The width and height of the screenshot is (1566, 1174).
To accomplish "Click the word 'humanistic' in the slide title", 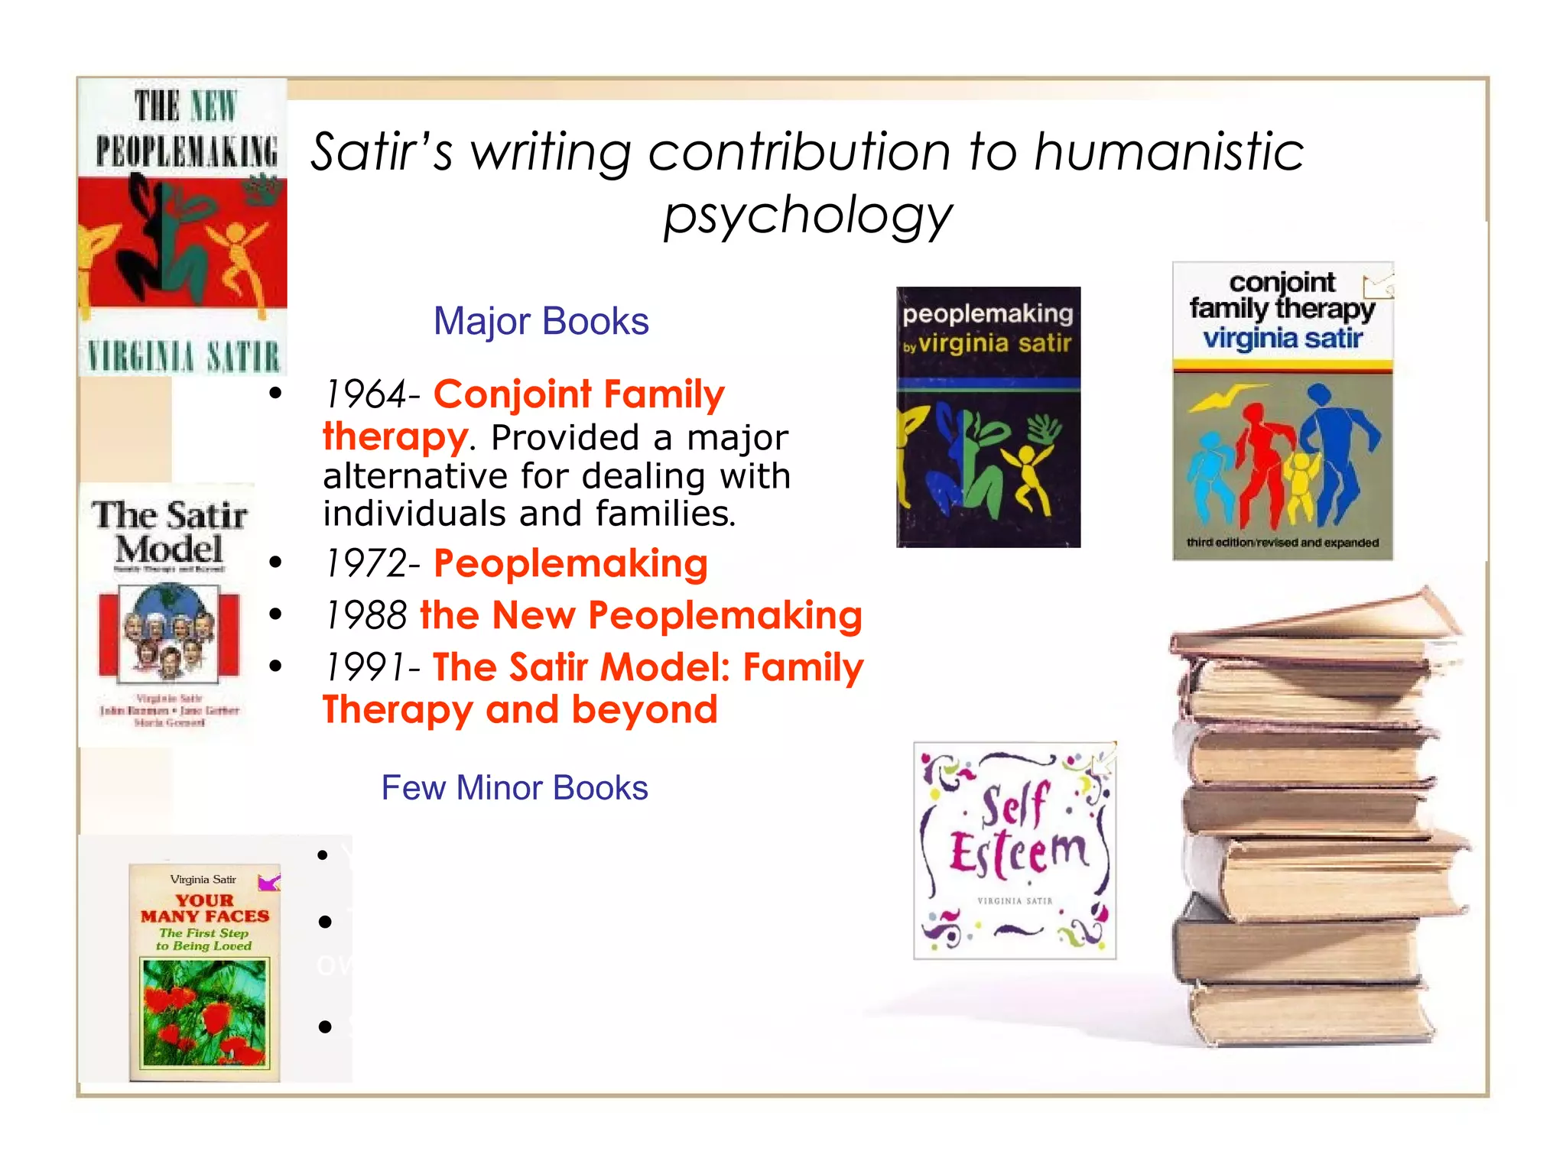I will pyautogui.click(x=1169, y=151).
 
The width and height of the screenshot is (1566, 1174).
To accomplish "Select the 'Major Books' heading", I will pyautogui.click(x=541, y=321).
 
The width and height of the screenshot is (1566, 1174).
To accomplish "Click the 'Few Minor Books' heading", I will pyautogui.click(x=514, y=788).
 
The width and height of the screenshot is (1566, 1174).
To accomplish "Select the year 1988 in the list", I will pyautogui.click(x=366, y=615).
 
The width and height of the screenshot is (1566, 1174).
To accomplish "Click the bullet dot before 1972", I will pyautogui.click(x=276, y=563).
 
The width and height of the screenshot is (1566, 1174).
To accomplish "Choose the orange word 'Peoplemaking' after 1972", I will pyautogui.click(x=570, y=564).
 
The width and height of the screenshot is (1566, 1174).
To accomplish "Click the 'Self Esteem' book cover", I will pyautogui.click(x=1015, y=850).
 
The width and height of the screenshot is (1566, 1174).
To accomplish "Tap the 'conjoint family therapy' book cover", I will pyautogui.click(x=1282, y=411).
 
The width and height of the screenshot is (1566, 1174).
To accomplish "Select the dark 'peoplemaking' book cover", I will pyautogui.click(x=988, y=417).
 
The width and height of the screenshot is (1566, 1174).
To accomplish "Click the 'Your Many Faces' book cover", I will pyautogui.click(x=204, y=972).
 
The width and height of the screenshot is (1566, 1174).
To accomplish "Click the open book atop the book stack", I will pyautogui.click(x=1315, y=623).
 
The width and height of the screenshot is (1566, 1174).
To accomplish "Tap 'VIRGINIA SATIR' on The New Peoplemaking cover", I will pyautogui.click(x=184, y=357).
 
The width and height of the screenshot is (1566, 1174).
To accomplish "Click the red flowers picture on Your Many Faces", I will pyautogui.click(x=204, y=1012).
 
